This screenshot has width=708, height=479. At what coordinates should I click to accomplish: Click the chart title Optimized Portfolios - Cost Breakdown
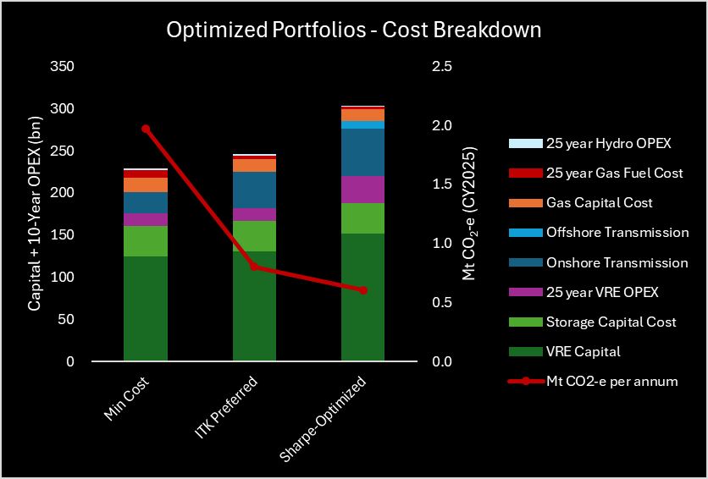pyautogui.click(x=353, y=30)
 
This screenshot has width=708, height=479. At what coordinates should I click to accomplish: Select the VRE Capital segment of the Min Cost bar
pyautogui.click(x=146, y=309)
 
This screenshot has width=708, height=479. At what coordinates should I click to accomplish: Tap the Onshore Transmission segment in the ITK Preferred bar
pyautogui.click(x=254, y=190)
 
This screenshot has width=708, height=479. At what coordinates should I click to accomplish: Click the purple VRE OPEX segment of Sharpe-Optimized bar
pyautogui.click(x=363, y=190)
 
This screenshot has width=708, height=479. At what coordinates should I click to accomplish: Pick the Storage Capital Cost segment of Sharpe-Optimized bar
pyautogui.click(x=363, y=218)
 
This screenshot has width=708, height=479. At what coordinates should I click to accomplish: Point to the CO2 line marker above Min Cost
pyautogui.click(x=146, y=129)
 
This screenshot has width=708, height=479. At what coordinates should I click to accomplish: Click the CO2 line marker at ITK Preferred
pyautogui.click(x=254, y=267)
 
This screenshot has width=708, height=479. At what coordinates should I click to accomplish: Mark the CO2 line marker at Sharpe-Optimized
pyautogui.click(x=363, y=290)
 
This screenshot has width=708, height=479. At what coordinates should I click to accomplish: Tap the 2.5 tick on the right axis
pyautogui.click(x=442, y=67)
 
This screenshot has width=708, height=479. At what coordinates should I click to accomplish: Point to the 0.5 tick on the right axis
pyautogui.click(x=442, y=303)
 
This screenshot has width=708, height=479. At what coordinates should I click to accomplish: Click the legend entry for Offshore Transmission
pyautogui.click(x=617, y=233)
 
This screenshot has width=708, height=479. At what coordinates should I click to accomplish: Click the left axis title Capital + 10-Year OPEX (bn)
pyautogui.click(x=35, y=214)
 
